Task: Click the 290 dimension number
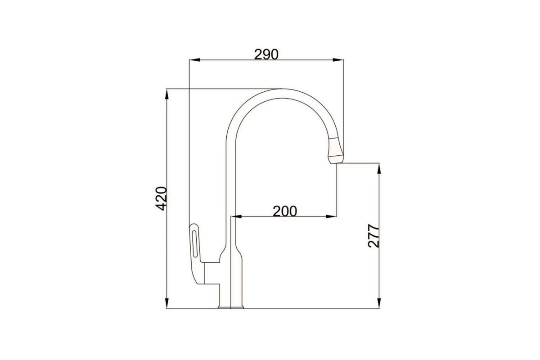coord(266,54)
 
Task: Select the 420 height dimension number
coord(161,198)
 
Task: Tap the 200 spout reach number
coord(285,211)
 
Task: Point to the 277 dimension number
coord(373,236)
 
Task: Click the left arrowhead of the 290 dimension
coord(194,60)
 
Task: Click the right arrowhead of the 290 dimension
coord(338,60)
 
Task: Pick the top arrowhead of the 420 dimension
coord(166,94)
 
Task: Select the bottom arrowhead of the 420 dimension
coord(166,303)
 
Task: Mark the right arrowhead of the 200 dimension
coord(331,216)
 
